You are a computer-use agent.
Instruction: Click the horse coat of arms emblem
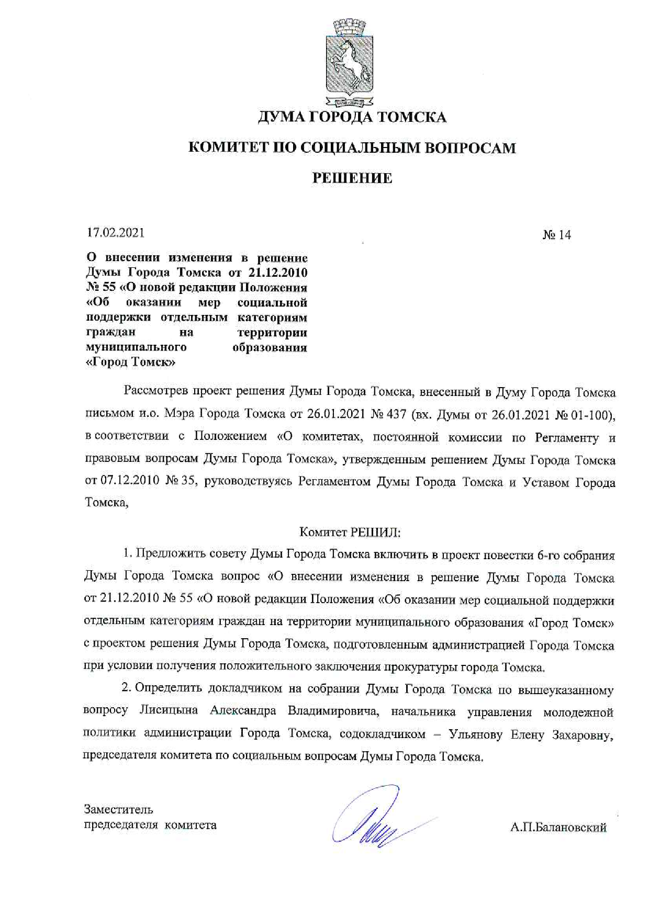tap(350, 62)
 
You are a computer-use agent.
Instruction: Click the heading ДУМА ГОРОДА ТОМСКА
tap(352, 117)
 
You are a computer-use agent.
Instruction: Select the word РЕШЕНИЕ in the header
tap(352, 178)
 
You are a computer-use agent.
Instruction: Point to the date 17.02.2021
tap(116, 232)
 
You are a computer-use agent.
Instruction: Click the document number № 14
tap(556, 235)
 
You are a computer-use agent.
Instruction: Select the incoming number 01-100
tap(594, 415)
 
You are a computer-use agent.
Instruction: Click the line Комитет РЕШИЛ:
tap(350, 533)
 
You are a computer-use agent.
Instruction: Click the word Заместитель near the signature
tap(119, 809)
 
